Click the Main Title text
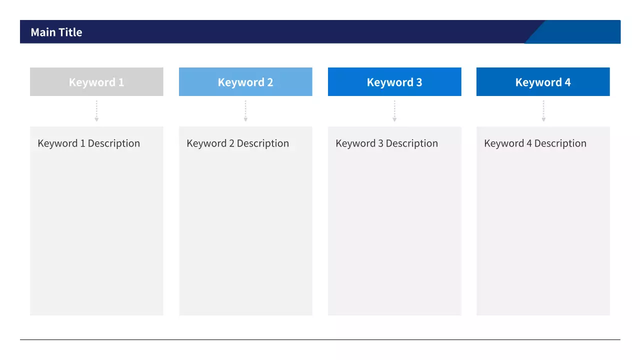[56, 32]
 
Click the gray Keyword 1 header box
[96, 81]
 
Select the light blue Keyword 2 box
[245, 81]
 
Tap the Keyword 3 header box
[394, 81]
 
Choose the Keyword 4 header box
[543, 81]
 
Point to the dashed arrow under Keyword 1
[96, 111]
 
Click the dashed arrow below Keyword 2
[245, 111]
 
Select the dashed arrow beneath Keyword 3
[394, 111]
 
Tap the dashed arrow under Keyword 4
[543, 111]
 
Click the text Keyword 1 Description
[89, 143]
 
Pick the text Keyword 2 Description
[237, 143]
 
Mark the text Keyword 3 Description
[386, 143]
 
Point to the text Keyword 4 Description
[535, 143]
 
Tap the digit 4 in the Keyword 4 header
[567, 82]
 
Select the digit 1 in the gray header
[121, 82]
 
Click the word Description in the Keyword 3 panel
[411, 143]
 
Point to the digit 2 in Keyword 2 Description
[231, 143]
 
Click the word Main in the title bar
[43, 32]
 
